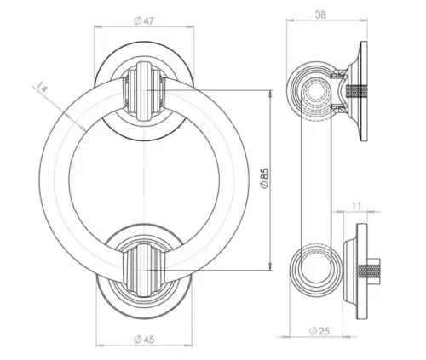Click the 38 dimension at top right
pos(320,14)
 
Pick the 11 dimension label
pos(356,205)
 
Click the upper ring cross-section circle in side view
pos(313,91)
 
